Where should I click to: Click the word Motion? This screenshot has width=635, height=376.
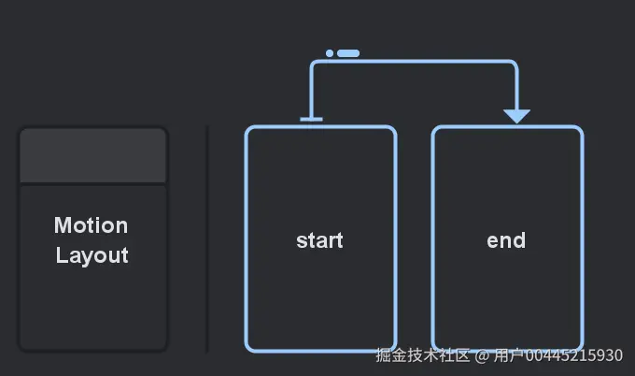(92, 225)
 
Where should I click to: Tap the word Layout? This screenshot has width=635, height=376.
(92, 256)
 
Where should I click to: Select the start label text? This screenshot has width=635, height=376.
(319, 240)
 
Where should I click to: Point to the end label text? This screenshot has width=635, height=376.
(506, 240)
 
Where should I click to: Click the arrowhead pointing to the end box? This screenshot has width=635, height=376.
(516, 116)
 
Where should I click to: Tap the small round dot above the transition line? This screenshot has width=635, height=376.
(330, 53)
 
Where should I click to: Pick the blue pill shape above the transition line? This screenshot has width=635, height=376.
(348, 53)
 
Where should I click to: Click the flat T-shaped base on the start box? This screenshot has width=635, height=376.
(311, 119)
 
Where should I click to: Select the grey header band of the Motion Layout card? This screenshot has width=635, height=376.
(92, 156)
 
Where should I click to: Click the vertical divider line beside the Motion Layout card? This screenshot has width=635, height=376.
(207, 239)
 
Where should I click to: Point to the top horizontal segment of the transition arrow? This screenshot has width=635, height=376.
(414, 62)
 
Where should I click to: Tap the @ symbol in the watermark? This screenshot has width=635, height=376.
(482, 356)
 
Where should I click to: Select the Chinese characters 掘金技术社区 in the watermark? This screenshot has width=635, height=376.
(423, 355)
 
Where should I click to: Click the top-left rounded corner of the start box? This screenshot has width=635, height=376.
(249, 130)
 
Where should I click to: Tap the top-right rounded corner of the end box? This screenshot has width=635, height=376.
(579, 130)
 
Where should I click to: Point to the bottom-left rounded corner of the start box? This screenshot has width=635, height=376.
(249, 347)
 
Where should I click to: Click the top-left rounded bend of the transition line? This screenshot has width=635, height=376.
(313, 63)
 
